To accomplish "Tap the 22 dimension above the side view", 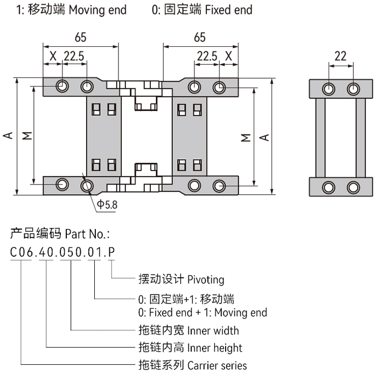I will tap(340, 55).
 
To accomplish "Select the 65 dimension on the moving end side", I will tap(80, 38).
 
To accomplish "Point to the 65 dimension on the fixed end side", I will tap(199, 38).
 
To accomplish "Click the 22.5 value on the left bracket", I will tap(73, 55).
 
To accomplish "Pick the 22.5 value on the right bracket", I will tap(206, 55).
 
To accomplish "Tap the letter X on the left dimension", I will tap(53, 55).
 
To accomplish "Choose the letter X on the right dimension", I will tap(228, 55).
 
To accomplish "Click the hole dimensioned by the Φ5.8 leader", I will tap(87, 186).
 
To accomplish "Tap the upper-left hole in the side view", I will tap(327, 88).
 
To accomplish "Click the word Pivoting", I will tap(205, 280).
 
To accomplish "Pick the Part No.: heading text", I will tap(87, 234).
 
